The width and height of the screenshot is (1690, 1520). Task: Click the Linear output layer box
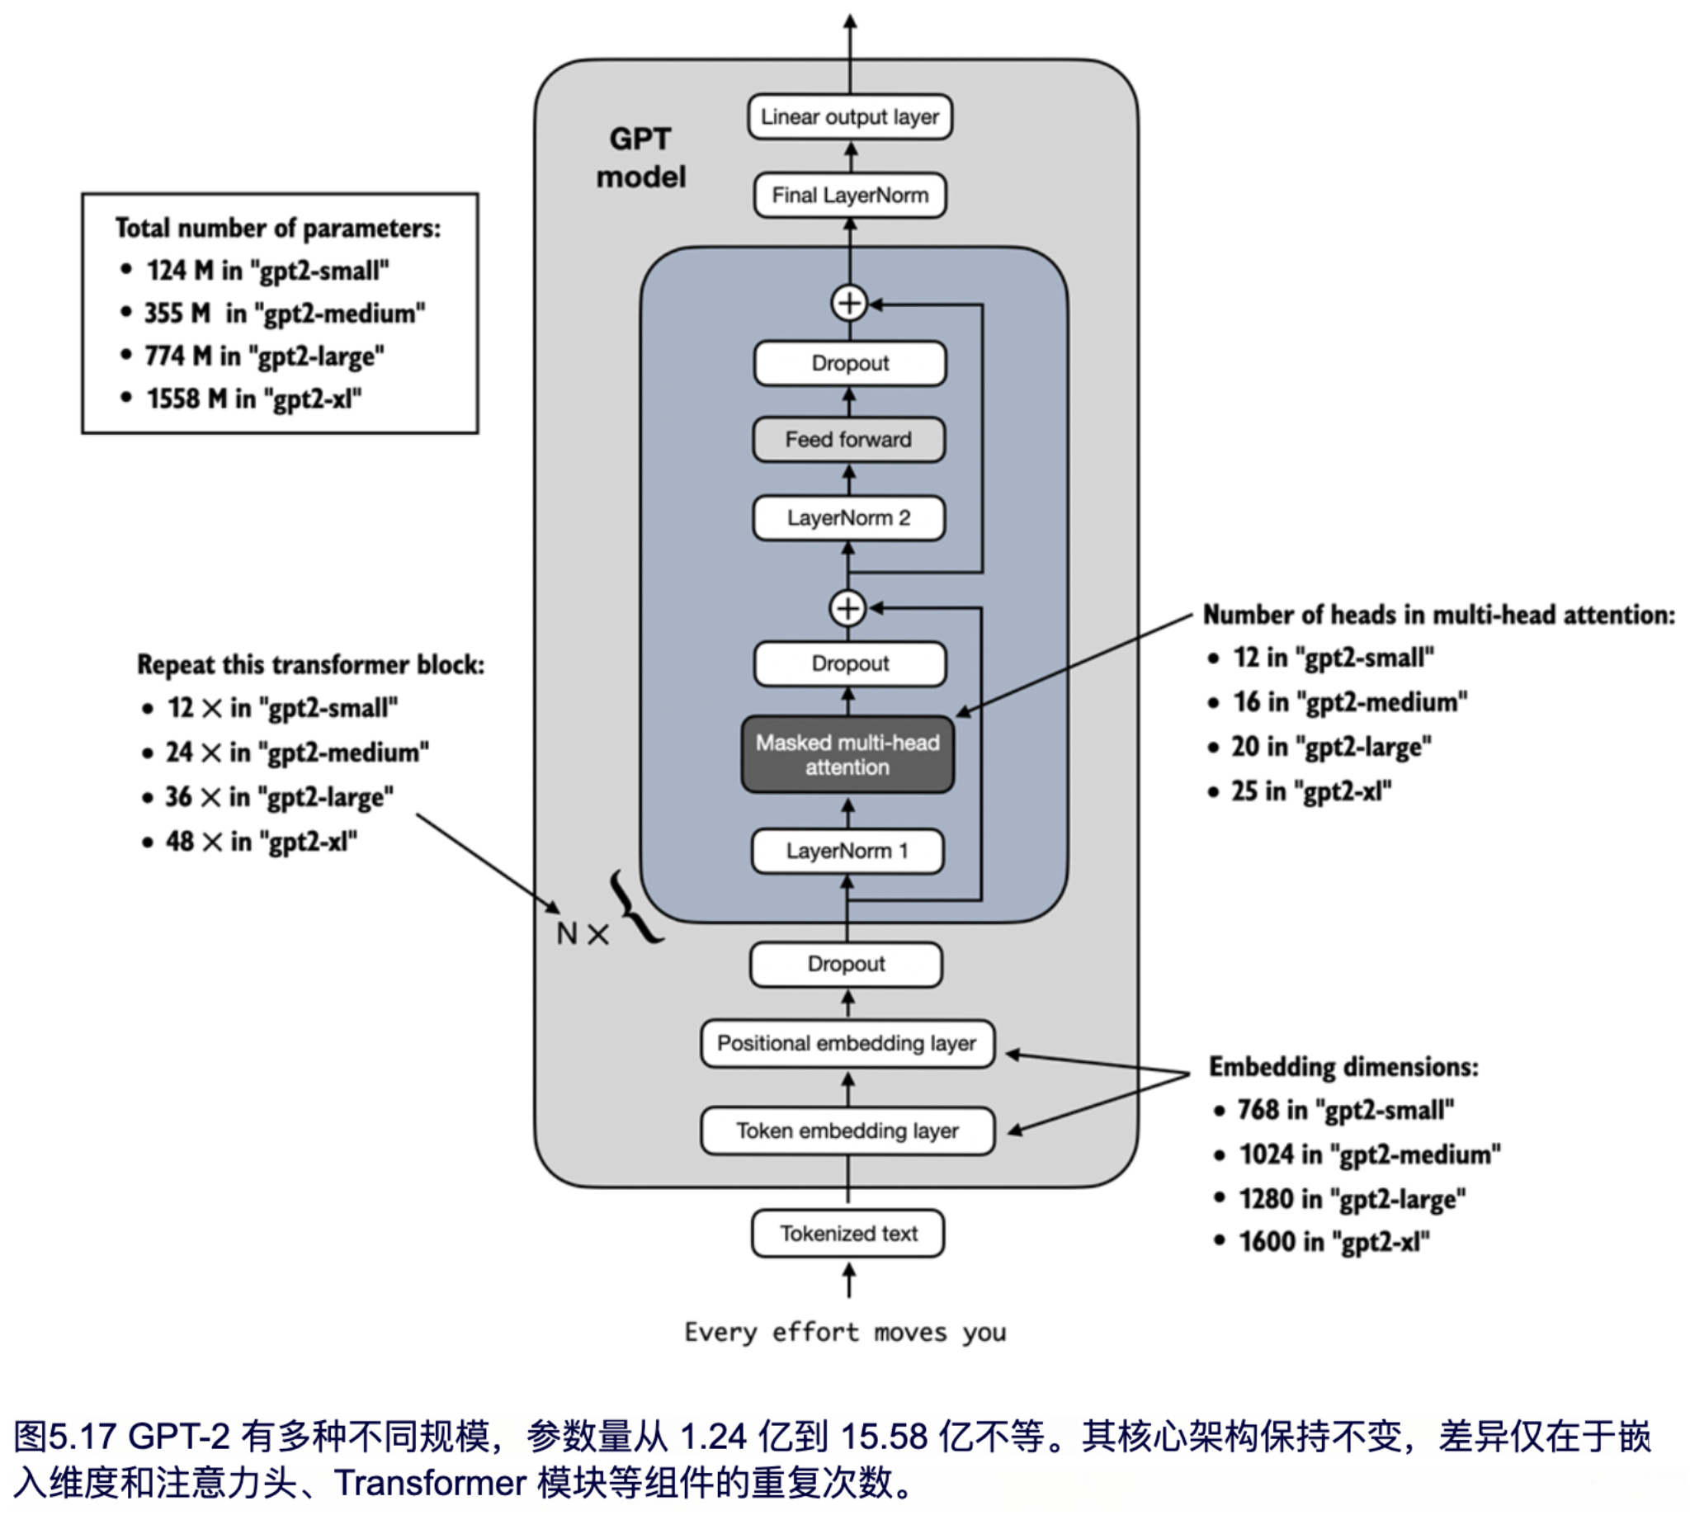click(x=849, y=117)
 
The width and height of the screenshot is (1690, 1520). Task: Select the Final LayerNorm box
click(x=849, y=196)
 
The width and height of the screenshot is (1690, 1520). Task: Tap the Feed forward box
click(x=848, y=439)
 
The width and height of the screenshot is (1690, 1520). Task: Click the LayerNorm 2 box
click(x=848, y=517)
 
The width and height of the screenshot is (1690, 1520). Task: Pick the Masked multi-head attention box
click(x=847, y=755)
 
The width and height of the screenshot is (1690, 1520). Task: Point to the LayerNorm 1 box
click(x=847, y=851)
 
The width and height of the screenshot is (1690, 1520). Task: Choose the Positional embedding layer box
click(x=847, y=1043)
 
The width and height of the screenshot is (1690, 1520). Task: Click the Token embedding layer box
click(x=847, y=1131)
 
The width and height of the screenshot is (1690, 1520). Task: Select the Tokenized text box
click(x=847, y=1234)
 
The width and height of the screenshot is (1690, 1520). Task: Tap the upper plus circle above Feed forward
click(x=849, y=303)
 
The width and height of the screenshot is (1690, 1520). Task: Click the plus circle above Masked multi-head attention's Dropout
click(x=847, y=608)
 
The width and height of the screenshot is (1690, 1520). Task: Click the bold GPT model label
click(x=640, y=158)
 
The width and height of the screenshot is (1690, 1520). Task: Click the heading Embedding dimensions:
click(x=1343, y=1066)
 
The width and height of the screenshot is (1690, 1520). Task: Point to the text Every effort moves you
click(x=845, y=1331)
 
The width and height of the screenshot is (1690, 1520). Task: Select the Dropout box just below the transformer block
click(x=846, y=965)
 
